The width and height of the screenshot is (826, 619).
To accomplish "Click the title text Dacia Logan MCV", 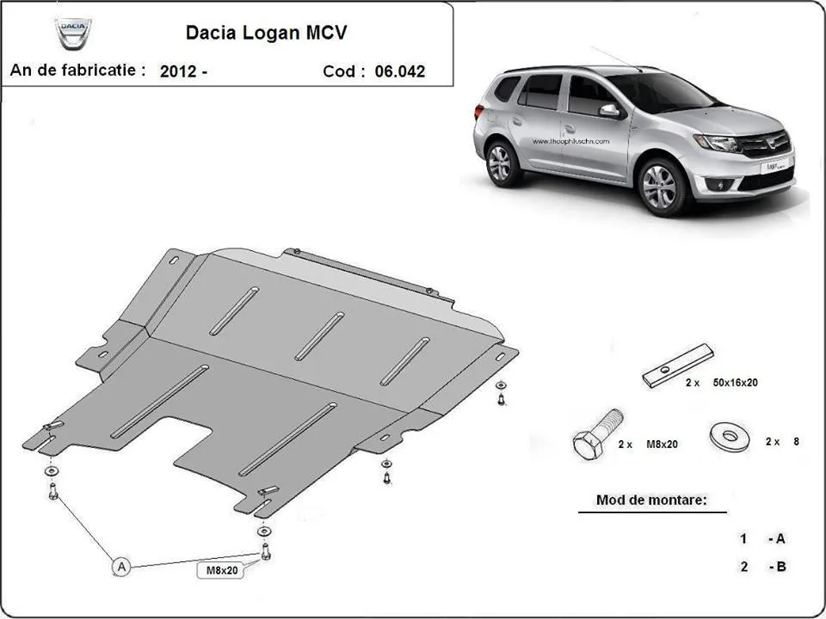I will (268, 34).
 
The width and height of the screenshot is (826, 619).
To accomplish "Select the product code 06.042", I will (398, 72).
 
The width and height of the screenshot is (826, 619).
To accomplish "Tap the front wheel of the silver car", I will (661, 185).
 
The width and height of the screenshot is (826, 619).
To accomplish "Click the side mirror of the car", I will (609, 111).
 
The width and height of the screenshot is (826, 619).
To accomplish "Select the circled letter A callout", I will (122, 566).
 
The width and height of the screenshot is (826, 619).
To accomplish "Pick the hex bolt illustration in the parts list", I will (595, 435).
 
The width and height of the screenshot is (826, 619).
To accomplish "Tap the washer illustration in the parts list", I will (729, 435).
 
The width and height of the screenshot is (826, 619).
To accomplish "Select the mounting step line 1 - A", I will (761, 539).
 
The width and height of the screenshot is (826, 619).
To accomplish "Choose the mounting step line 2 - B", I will (761, 567).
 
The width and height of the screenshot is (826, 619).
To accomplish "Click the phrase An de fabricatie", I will (77, 70).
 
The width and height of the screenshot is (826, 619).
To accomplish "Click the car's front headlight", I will (717, 143).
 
